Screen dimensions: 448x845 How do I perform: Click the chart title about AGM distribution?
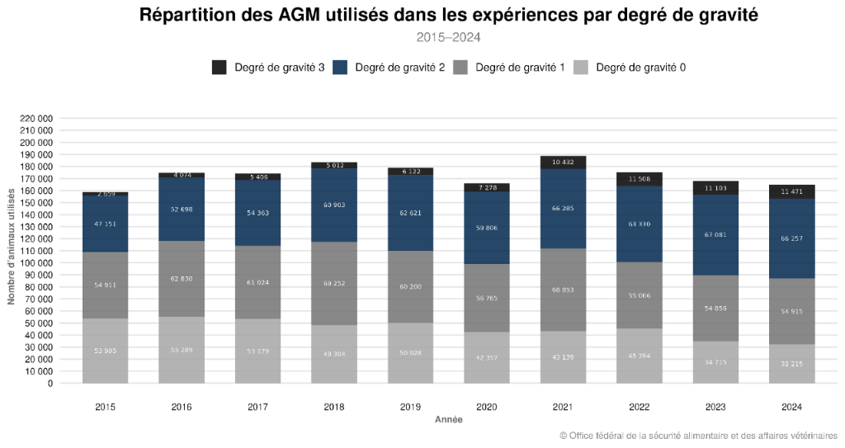448,15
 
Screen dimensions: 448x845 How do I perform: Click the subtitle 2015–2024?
448,37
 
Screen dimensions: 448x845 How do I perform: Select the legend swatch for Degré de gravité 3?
220,68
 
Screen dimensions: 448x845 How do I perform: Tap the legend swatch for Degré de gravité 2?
340,68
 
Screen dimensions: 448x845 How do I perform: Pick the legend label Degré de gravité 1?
520,68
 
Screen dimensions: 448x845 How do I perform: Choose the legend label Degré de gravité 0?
640,68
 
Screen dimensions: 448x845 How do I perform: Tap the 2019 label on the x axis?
410,407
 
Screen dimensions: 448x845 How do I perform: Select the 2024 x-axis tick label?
791,407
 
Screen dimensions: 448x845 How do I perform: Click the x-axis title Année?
448,420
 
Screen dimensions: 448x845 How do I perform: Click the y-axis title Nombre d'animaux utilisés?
12,246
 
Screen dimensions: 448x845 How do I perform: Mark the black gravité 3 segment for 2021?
563,162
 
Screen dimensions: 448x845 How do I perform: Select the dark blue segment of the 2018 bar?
334,205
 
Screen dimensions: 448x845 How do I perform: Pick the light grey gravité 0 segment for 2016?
182,350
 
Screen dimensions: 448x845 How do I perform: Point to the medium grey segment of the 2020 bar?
487,298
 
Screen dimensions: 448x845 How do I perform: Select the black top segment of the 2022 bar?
640,179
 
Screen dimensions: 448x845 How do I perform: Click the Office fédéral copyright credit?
698,436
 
